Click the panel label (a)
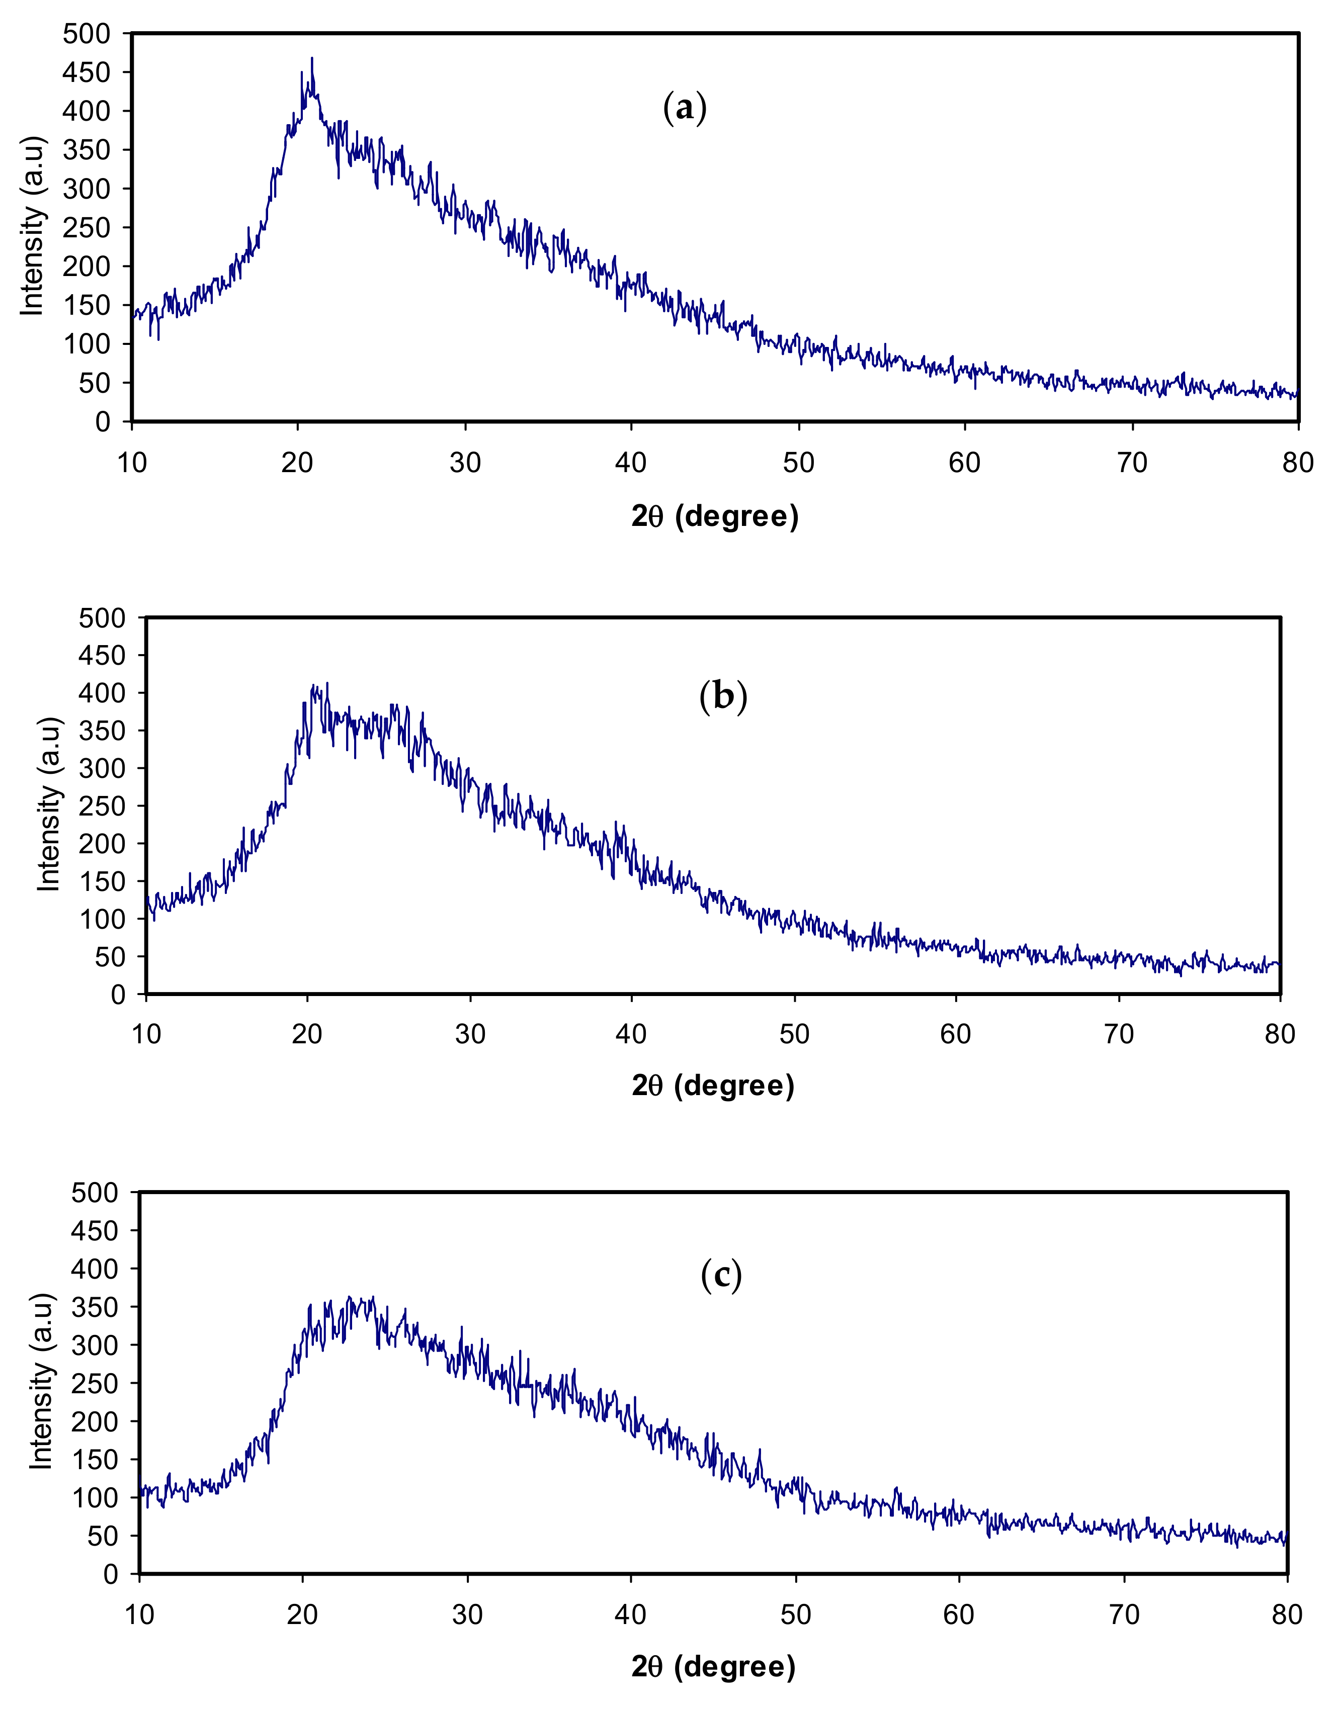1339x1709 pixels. (x=685, y=108)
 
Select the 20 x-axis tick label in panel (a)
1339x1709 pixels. (x=297, y=463)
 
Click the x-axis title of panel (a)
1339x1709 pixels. (x=714, y=516)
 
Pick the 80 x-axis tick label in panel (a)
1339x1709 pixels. (x=1297, y=463)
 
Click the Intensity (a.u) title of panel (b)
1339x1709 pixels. (x=49, y=804)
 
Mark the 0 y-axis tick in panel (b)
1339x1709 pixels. (x=118, y=995)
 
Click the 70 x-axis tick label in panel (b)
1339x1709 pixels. (x=1119, y=1034)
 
